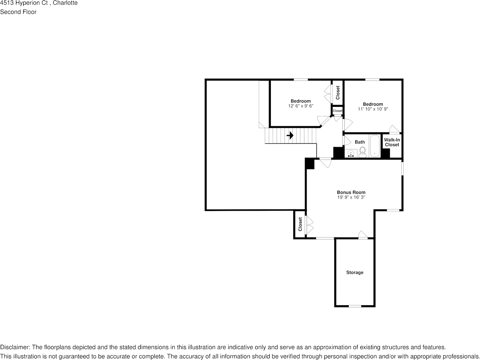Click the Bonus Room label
(x=351, y=192)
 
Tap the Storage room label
(x=354, y=273)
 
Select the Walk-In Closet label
(x=392, y=142)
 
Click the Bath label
(x=359, y=142)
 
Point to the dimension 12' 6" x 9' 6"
(x=300, y=106)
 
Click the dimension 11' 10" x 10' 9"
(x=373, y=109)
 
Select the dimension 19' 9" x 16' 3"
(x=351, y=197)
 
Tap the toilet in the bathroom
(x=362, y=152)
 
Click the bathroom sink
(x=351, y=154)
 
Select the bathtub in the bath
(x=375, y=146)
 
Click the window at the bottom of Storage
(x=355, y=306)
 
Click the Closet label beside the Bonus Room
(x=300, y=224)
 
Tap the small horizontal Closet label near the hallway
(x=337, y=111)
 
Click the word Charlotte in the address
(x=65, y=3)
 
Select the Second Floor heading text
(x=18, y=12)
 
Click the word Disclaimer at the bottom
(x=14, y=347)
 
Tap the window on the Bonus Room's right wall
(x=402, y=168)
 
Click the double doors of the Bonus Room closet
(x=308, y=225)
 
